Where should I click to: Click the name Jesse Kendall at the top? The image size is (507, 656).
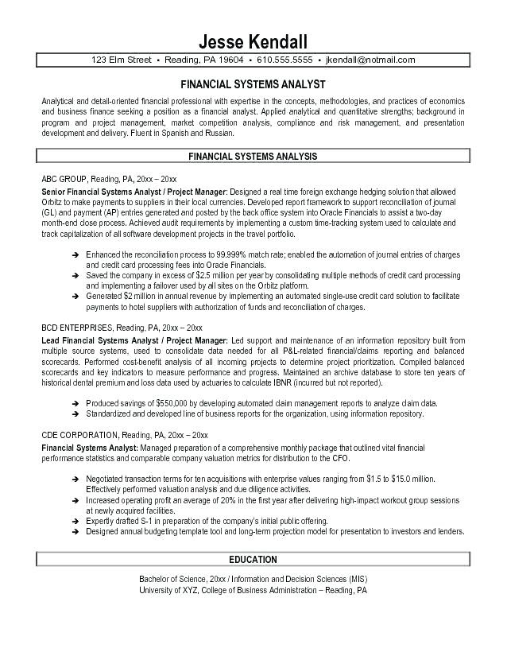click(x=253, y=41)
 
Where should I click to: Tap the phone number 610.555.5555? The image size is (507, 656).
click(x=284, y=60)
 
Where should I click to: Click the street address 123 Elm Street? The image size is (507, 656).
click(x=122, y=60)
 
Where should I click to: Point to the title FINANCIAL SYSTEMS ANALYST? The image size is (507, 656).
click(x=253, y=84)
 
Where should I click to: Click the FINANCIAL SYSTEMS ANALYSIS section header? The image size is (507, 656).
click(x=253, y=157)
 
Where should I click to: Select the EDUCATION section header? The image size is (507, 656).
click(x=253, y=559)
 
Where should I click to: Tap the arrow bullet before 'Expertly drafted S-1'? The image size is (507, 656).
click(x=74, y=521)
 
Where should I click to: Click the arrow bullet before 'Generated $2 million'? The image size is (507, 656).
click(x=74, y=295)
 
